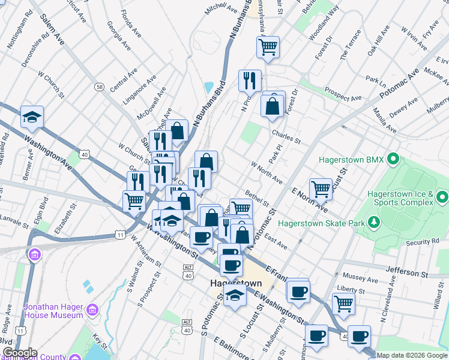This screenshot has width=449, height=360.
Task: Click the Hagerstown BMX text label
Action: tap(351, 160)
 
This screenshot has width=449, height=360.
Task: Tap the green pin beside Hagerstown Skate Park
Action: tap(375, 223)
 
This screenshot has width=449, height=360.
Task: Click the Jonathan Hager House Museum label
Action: tap(53, 311)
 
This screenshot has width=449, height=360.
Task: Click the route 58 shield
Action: tap(99, 87)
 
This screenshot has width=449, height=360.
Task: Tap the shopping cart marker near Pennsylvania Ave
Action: tap(268, 46)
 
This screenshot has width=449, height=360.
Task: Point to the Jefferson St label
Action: tap(406, 273)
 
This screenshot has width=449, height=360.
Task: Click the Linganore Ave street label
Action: tap(138, 90)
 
